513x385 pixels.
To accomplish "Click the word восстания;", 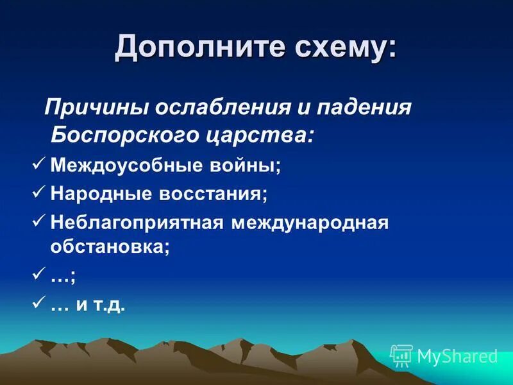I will tap(208, 193).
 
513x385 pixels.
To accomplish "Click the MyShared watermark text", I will tap(457, 355).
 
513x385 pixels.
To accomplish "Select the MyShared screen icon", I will tap(401, 355).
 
